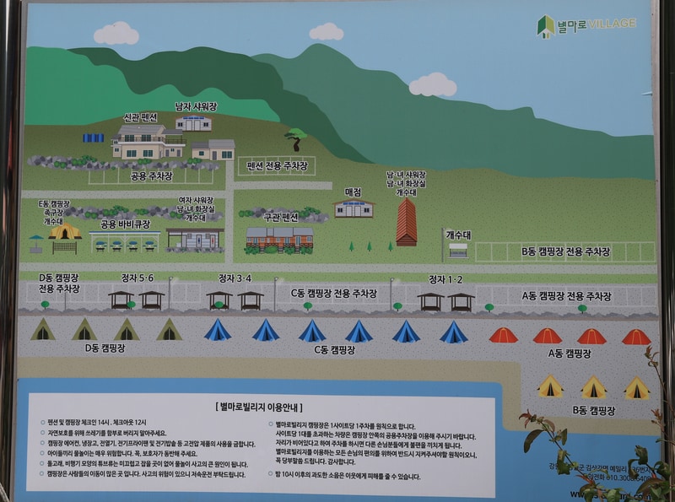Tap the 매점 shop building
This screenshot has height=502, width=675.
click(354, 209)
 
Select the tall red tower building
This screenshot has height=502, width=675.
click(407, 223)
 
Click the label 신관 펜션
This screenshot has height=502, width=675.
click(140, 116)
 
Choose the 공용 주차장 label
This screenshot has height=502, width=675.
click(151, 175)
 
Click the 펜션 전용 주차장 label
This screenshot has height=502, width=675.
click(277, 165)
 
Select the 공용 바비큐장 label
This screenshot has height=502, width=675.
click(125, 224)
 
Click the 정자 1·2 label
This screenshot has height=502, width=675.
click(445, 278)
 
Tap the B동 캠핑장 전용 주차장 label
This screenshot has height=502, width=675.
click(565, 251)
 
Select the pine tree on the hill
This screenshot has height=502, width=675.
click(294, 138)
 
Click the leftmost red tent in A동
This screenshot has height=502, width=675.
click(503, 336)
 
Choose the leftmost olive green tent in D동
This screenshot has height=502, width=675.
click(42, 330)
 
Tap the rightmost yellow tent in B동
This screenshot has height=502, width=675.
click(636, 387)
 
